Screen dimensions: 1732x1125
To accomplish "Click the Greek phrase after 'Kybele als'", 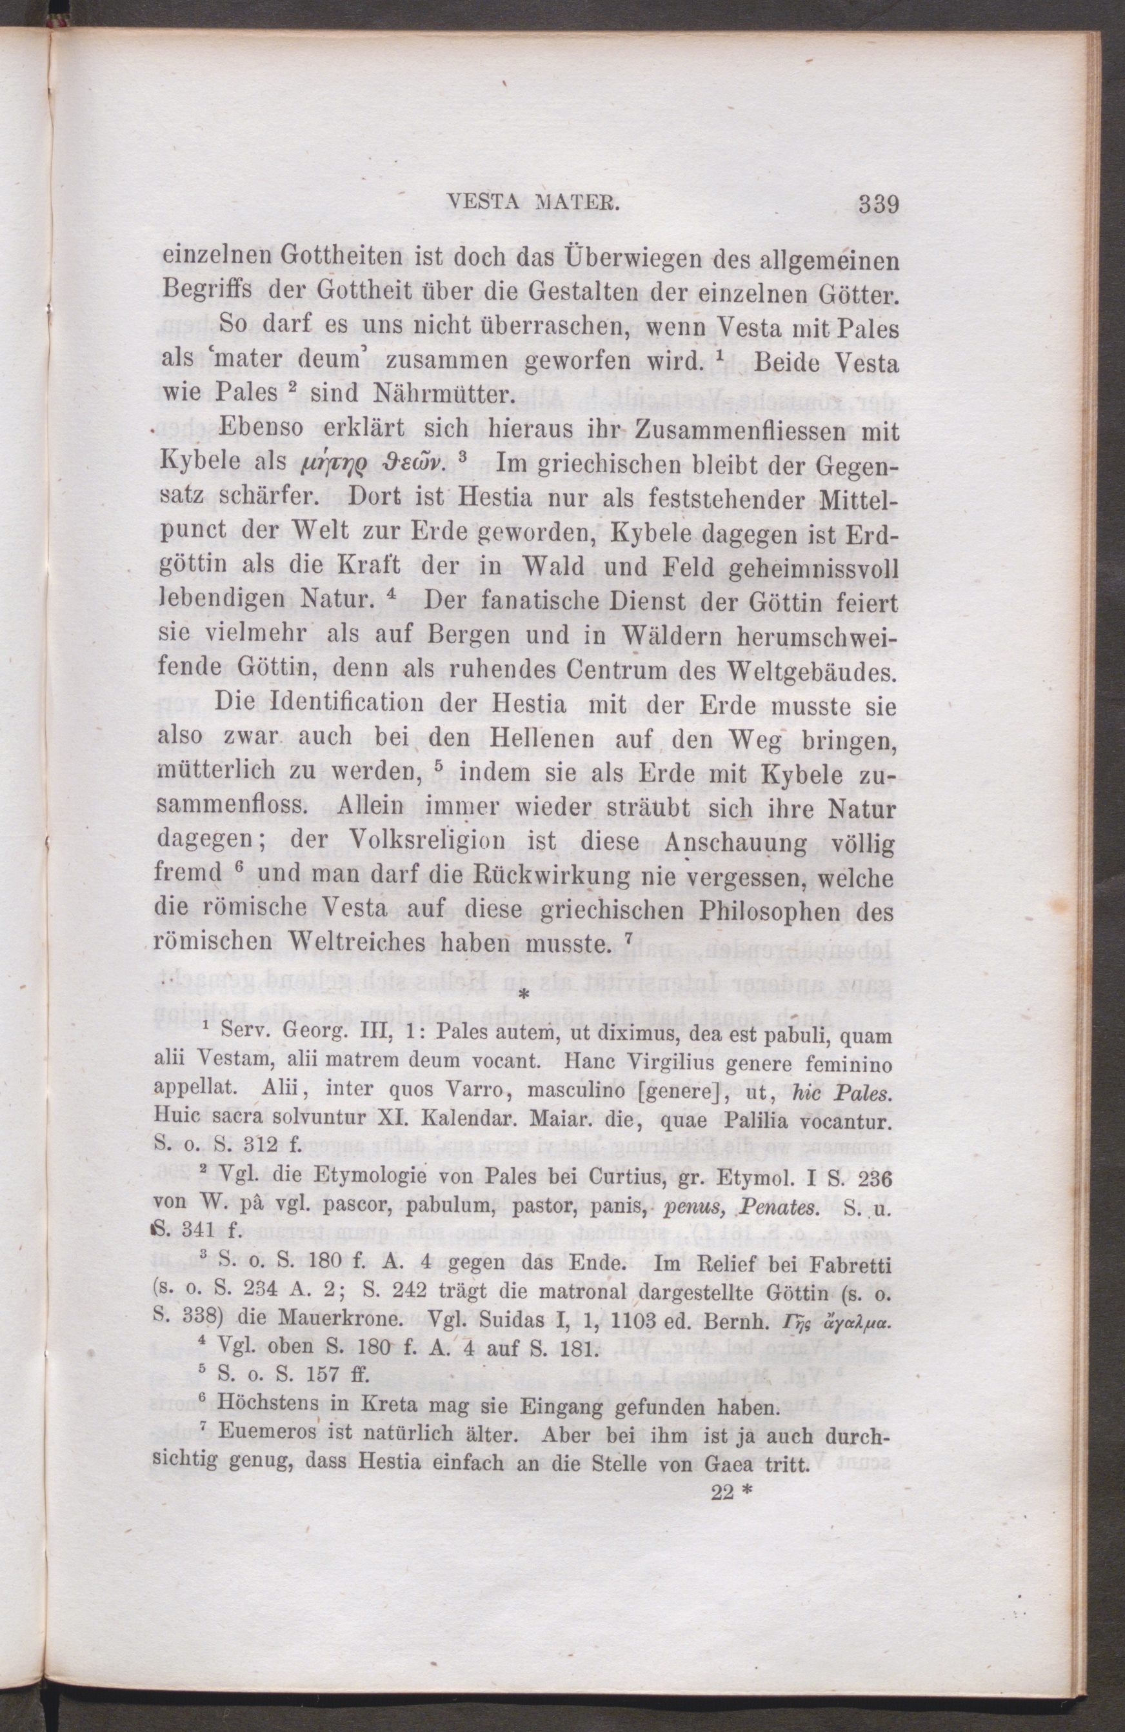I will point(375,465).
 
